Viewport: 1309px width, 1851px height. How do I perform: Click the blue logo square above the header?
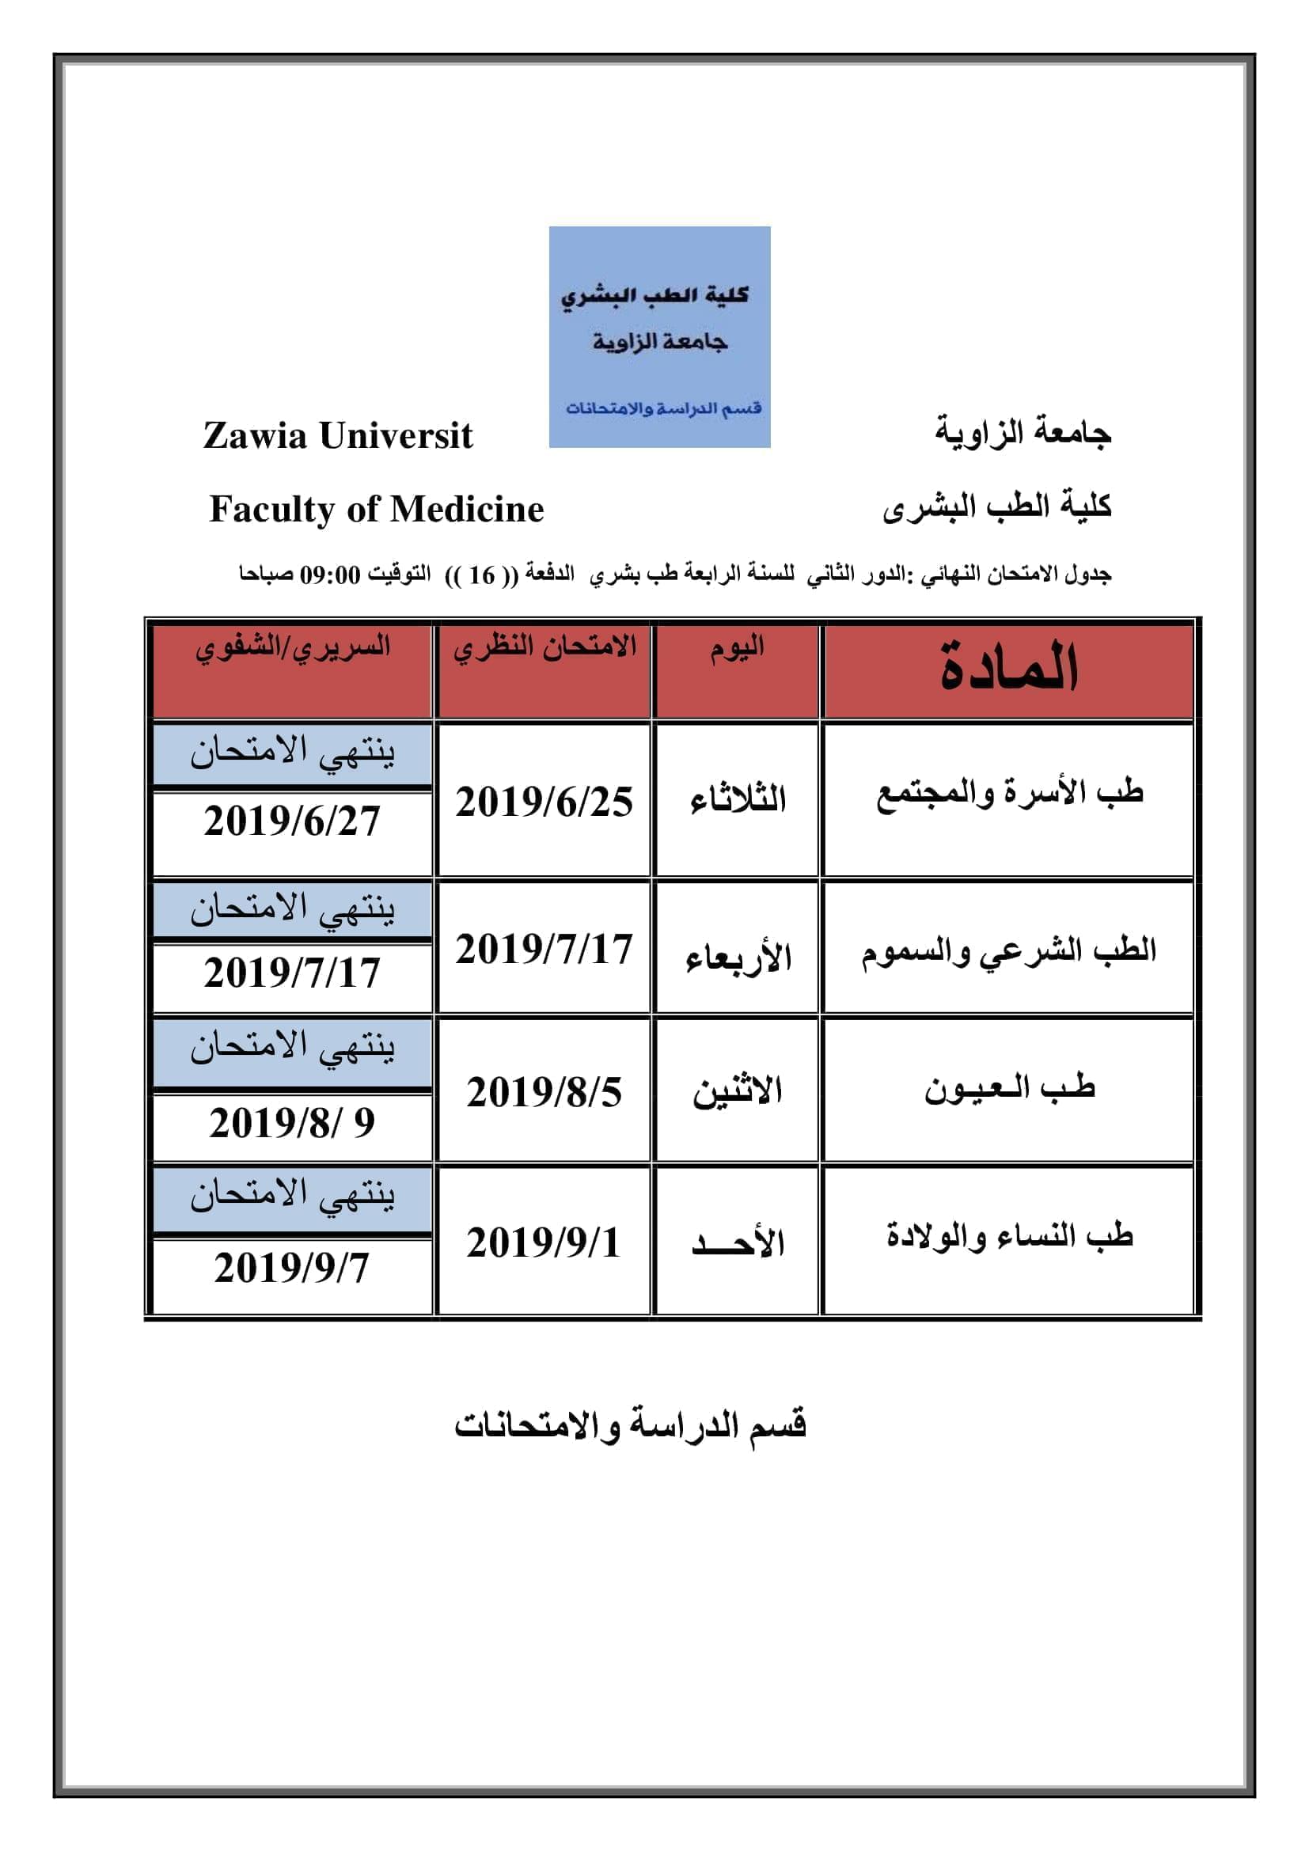[x=659, y=336]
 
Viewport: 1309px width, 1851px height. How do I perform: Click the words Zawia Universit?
[x=338, y=436]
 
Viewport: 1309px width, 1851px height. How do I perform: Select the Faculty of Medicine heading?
[x=377, y=510]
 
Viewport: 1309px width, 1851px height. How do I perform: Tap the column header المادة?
[x=1008, y=669]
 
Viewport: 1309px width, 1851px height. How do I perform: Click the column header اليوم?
[x=737, y=650]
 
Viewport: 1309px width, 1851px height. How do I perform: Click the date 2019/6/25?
[x=544, y=802]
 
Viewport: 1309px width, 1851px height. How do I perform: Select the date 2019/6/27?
[x=292, y=821]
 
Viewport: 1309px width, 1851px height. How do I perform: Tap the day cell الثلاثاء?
[x=738, y=801]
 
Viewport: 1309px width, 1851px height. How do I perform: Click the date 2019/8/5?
[x=544, y=1093]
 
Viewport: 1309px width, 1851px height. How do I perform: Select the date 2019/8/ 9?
[x=292, y=1123]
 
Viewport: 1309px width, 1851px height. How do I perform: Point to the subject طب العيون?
[x=1009, y=1089]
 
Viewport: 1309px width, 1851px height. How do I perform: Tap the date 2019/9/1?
[x=543, y=1242]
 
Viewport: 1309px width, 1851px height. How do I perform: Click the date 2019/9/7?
[x=292, y=1268]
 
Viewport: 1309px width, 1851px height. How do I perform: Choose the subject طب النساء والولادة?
[x=1009, y=1236]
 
